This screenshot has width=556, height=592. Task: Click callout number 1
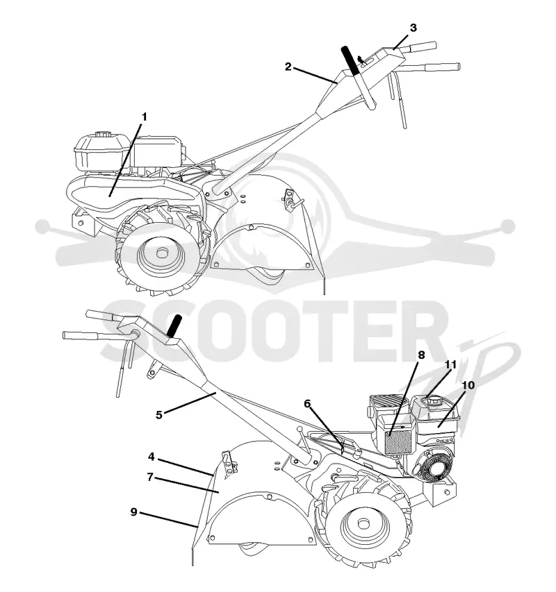144,117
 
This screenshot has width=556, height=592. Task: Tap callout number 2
288,67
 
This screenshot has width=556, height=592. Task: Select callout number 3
413,28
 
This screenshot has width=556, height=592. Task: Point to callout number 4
152,457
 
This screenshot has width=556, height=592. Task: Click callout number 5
159,414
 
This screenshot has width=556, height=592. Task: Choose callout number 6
307,404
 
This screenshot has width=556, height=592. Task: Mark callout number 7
150,477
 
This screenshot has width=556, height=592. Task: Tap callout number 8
421,355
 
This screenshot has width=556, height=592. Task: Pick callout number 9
134,512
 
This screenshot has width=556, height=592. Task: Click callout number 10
468,385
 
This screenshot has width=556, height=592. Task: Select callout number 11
450,365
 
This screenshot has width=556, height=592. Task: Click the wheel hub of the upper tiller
162,252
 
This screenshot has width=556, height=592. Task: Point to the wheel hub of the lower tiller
363,525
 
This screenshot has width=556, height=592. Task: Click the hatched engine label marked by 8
398,442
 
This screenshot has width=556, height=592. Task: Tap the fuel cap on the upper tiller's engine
102,135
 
